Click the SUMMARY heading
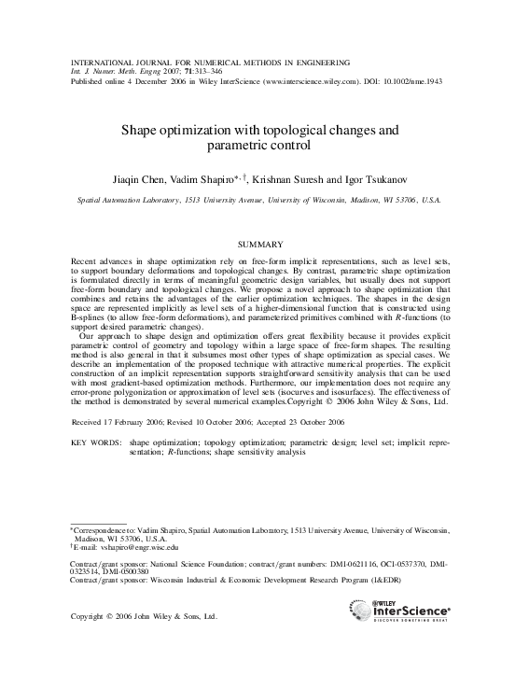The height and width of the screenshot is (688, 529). [x=264, y=243]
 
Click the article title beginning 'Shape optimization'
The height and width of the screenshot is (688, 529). [x=264, y=138]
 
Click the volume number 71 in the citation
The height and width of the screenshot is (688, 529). [x=189, y=71]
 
